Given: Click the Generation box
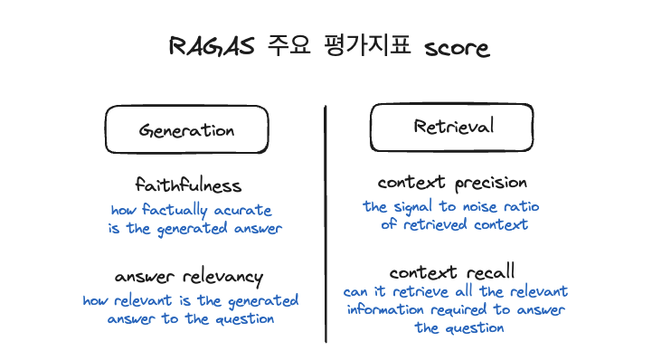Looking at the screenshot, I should click(186, 130).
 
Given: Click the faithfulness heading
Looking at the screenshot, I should click(189, 185).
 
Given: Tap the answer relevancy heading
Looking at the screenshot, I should click(189, 276).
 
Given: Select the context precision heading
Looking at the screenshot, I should click(452, 183).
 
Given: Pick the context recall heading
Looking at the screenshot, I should click(453, 271).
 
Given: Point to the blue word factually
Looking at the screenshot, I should click(175, 211).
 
